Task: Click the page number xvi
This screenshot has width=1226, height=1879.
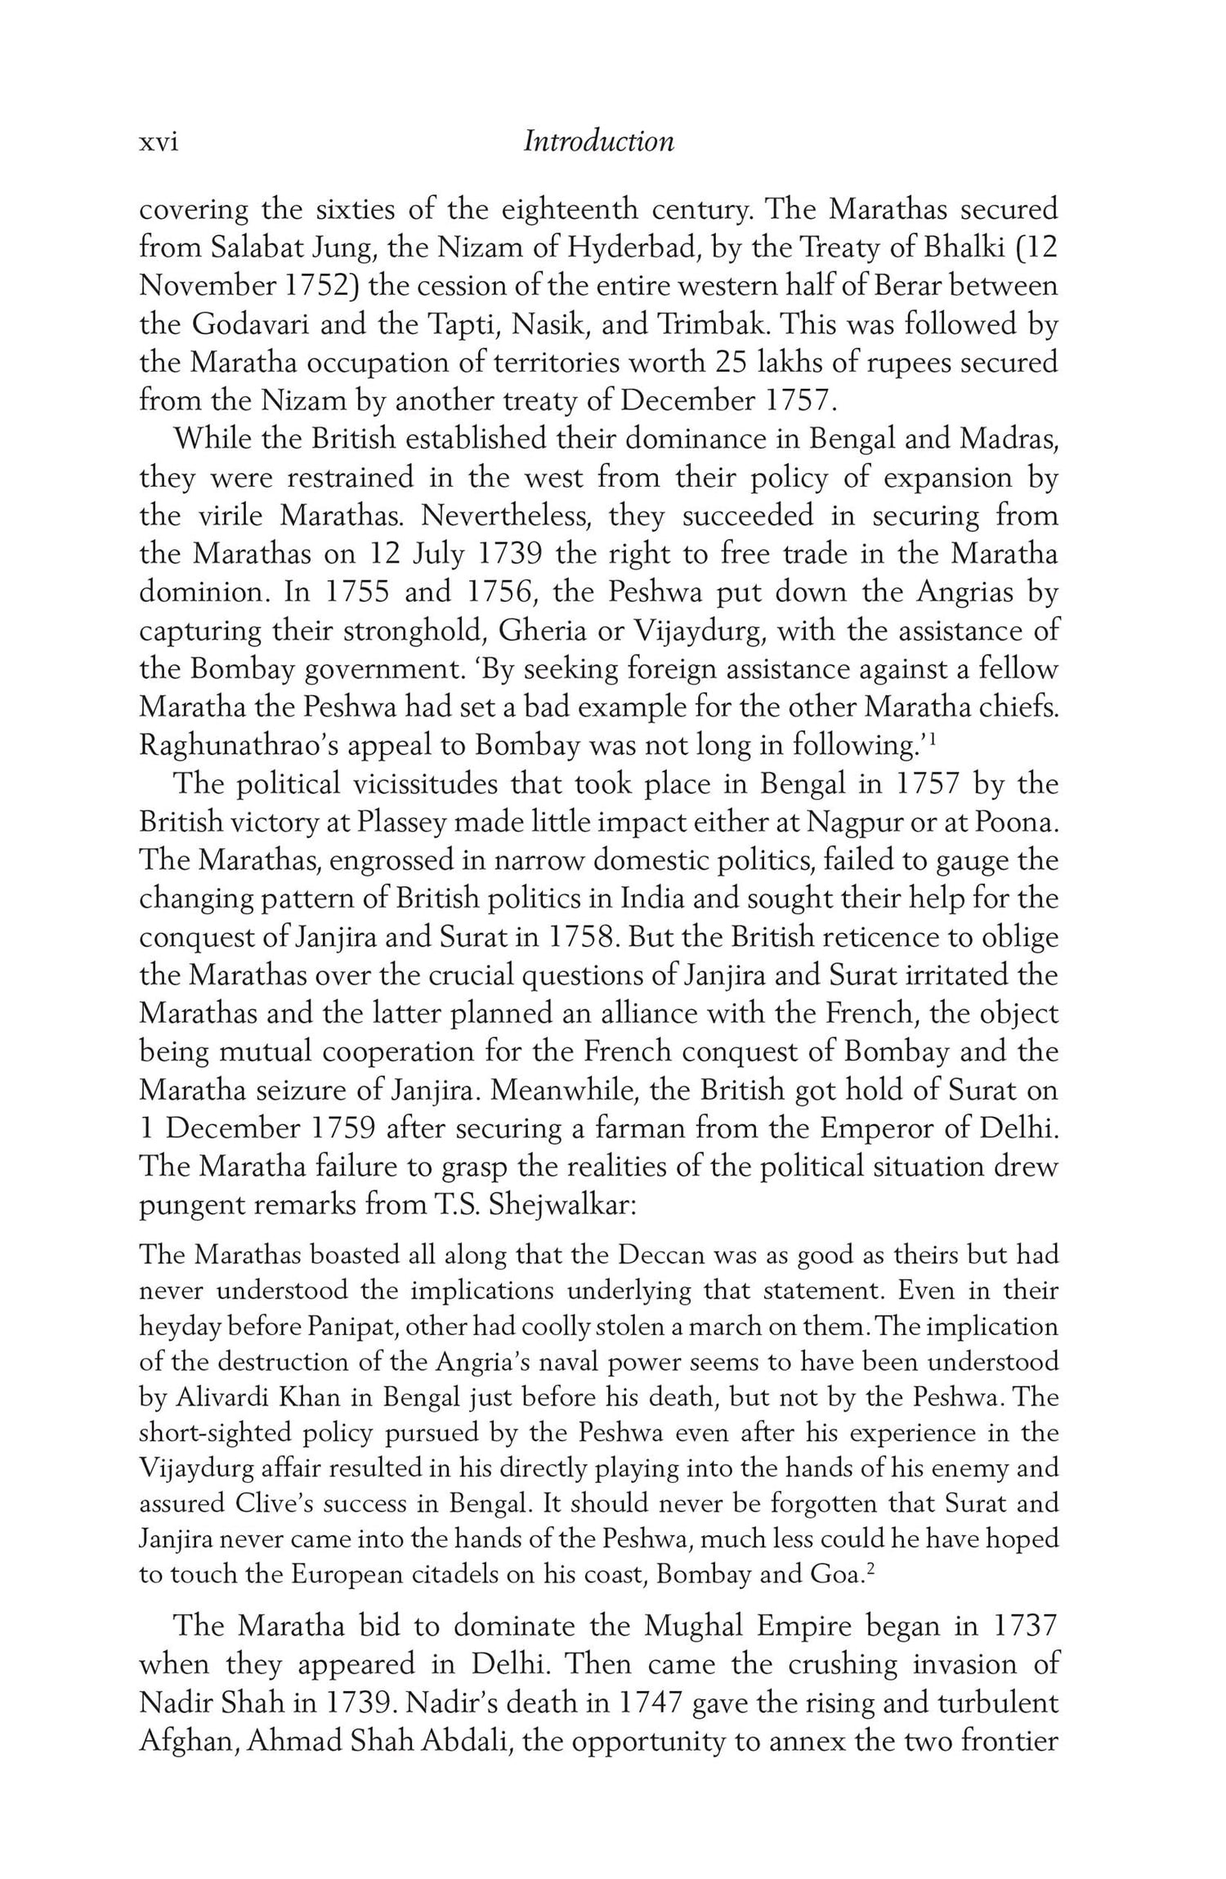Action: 159,143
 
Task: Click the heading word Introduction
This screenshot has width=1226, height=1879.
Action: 598,141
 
